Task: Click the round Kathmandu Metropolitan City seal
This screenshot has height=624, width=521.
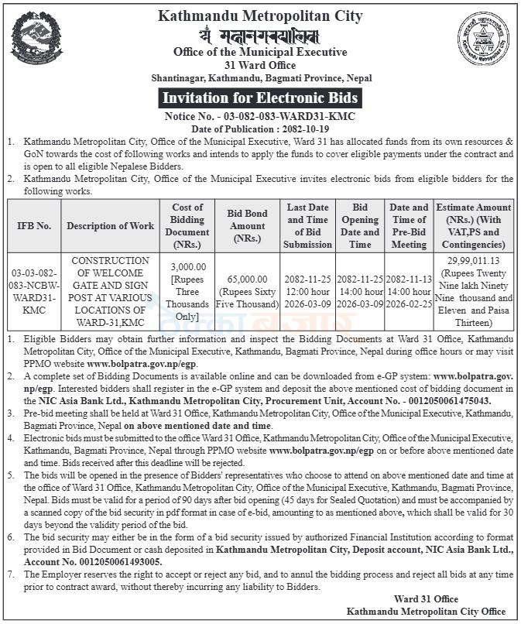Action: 483,39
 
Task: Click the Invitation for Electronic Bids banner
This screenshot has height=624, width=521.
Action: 260,98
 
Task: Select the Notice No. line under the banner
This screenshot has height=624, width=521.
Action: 260,116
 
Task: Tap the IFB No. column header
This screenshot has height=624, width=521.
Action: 34,226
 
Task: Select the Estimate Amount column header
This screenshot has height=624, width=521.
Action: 473,226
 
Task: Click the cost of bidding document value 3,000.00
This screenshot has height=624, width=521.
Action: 187,266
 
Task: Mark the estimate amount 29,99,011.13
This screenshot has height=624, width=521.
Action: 473,262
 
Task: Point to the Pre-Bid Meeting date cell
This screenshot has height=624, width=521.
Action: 409,290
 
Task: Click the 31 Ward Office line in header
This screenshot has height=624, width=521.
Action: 260,65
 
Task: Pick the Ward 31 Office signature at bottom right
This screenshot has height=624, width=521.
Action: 425,598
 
